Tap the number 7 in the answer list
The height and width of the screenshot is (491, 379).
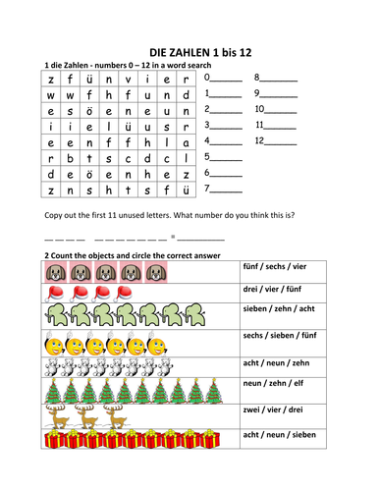pyautogui.click(x=207, y=189)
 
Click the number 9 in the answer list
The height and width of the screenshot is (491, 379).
pyautogui.click(x=257, y=94)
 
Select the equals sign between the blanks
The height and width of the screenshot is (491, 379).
pyautogui.click(x=173, y=236)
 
